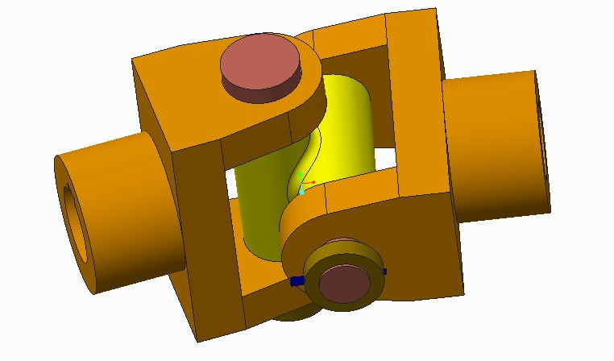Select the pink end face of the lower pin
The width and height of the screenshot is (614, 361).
(345, 283)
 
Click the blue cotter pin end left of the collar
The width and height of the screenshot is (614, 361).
(296, 281)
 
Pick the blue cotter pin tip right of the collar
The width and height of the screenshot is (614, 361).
(384, 272)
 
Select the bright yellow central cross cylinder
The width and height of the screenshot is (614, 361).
(346, 129)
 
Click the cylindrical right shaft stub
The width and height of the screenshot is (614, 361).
(492, 145)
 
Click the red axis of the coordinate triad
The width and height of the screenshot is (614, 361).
(309, 184)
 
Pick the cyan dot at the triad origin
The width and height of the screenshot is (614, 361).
(301, 192)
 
